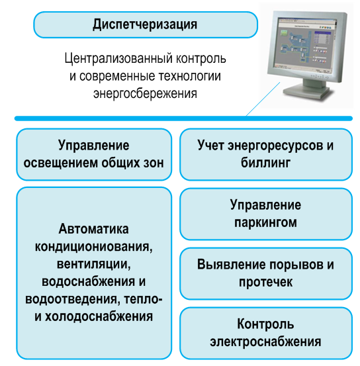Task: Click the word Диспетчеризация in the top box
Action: point(145,24)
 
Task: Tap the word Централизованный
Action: point(118,58)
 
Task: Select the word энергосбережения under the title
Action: point(145,93)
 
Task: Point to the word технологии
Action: point(189,76)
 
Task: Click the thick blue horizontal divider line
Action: point(183,118)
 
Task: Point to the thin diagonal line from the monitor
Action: point(263,99)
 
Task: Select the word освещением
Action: point(61,163)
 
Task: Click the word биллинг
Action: point(265,162)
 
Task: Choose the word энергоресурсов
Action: point(276,146)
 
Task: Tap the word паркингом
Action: point(265,222)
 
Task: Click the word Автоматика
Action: point(93,229)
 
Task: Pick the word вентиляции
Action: point(93,264)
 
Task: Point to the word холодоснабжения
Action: point(99,316)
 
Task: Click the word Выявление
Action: point(232,265)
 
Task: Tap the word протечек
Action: point(265,282)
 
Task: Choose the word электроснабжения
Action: point(265,342)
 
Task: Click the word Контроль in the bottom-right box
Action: point(265,324)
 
